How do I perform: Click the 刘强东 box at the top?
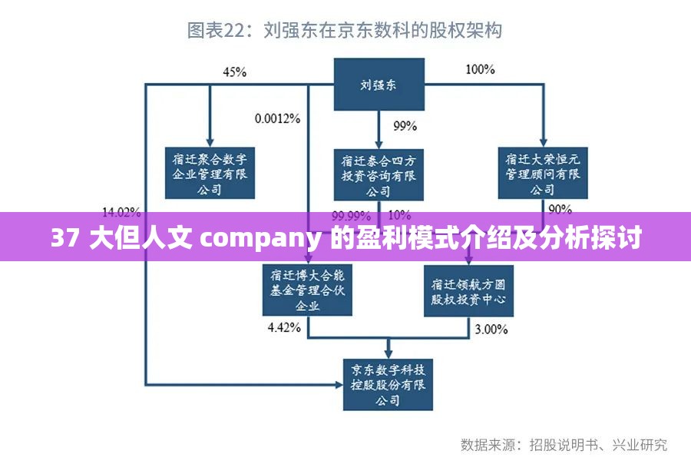pos(379,85)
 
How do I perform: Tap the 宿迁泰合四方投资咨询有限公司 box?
pos(379,176)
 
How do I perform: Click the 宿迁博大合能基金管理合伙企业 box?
pos(307,290)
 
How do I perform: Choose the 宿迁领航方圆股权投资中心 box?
pos(468,290)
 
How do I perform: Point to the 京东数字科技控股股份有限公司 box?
pos(388,384)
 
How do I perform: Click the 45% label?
pos(234,72)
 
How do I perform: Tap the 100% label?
pos(480,70)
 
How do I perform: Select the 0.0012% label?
pos(278,118)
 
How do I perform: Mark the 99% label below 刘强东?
pos(405,125)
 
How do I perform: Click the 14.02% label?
pos(121,212)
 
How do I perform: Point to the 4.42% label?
pos(283,328)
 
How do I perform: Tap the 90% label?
pos(560,209)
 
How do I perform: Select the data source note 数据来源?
pos(491,444)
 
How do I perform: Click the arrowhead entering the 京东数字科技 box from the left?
pos(338,383)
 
